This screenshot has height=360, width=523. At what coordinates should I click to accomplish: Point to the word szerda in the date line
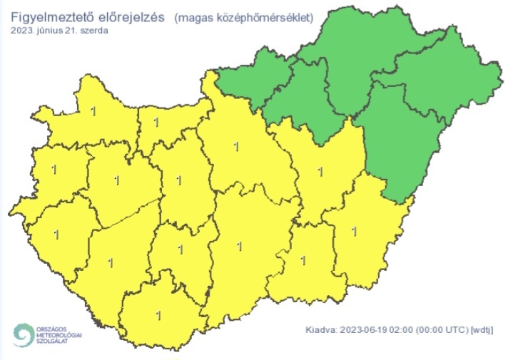pyautogui.click(x=95, y=31)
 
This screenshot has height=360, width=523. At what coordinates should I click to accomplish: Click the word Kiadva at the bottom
pyautogui.click(x=320, y=330)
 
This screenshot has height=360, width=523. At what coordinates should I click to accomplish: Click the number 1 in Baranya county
pyautogui.click(x=158, y=314)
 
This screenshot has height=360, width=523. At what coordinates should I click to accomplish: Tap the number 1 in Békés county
pyautogui.click(x=355, y=230)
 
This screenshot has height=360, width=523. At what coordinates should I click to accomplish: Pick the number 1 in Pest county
pyautogui.click(x=236, y=148)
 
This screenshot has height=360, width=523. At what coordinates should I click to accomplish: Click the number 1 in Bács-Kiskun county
pyautogui.click(x=239, y=247)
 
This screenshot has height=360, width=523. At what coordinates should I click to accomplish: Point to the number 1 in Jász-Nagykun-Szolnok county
pyautogui.click(x=320, y=171)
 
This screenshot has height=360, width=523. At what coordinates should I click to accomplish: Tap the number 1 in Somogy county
pyautogui.click(x=110, y=262)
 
